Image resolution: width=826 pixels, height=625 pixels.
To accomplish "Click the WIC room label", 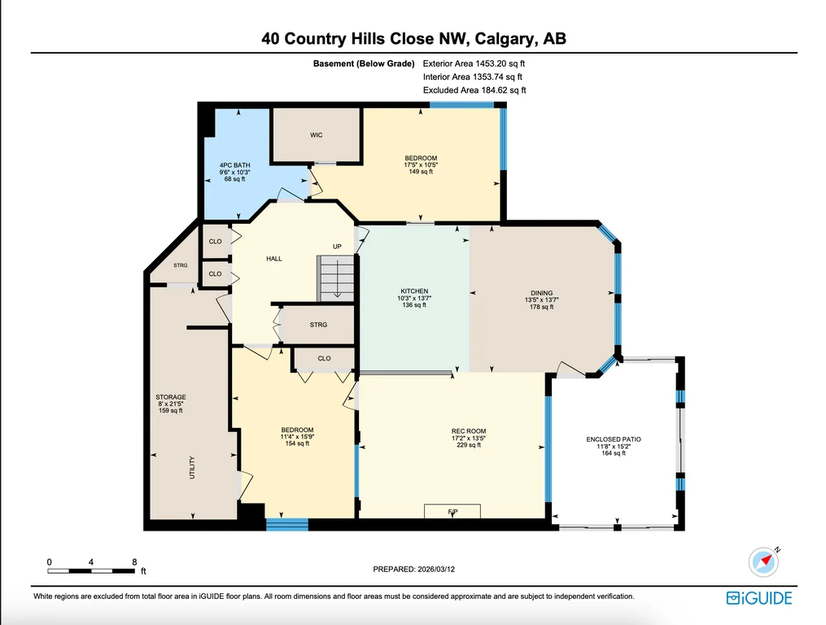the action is coord(316,135).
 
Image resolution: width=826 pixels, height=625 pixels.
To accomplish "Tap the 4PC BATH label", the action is coord(235,165).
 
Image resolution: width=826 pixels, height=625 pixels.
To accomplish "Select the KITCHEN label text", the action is coord(414,291).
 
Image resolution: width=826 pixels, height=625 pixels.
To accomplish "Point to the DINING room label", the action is coord(541,293).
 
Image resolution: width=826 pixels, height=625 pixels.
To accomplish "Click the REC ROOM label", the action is coord(469,431).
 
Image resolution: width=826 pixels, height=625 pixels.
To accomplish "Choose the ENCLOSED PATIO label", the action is coord(614,439).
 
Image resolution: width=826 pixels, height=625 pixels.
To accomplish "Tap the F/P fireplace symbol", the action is coord(452,510).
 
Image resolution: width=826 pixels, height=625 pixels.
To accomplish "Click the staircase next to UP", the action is coord(335,278).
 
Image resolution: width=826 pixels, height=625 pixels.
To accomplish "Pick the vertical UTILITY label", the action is coord(192,467).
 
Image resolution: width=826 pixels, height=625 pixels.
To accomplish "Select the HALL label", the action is coord(274,259).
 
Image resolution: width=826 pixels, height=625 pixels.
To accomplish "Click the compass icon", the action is coord(764,562).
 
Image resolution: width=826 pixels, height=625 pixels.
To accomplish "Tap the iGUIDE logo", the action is coord(759,598).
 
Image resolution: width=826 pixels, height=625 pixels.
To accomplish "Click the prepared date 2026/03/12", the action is coord(436,569).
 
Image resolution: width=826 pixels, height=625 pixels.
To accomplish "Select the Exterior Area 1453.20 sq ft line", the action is coord(474,63).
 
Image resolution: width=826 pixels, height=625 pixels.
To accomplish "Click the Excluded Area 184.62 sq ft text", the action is coord(474,90).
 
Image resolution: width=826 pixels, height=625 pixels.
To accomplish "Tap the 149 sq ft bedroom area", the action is coord(421,172).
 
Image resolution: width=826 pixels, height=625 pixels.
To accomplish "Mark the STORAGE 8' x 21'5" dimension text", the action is coord(171,404).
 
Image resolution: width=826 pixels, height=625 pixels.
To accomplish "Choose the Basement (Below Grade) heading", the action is coord(364,63).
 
